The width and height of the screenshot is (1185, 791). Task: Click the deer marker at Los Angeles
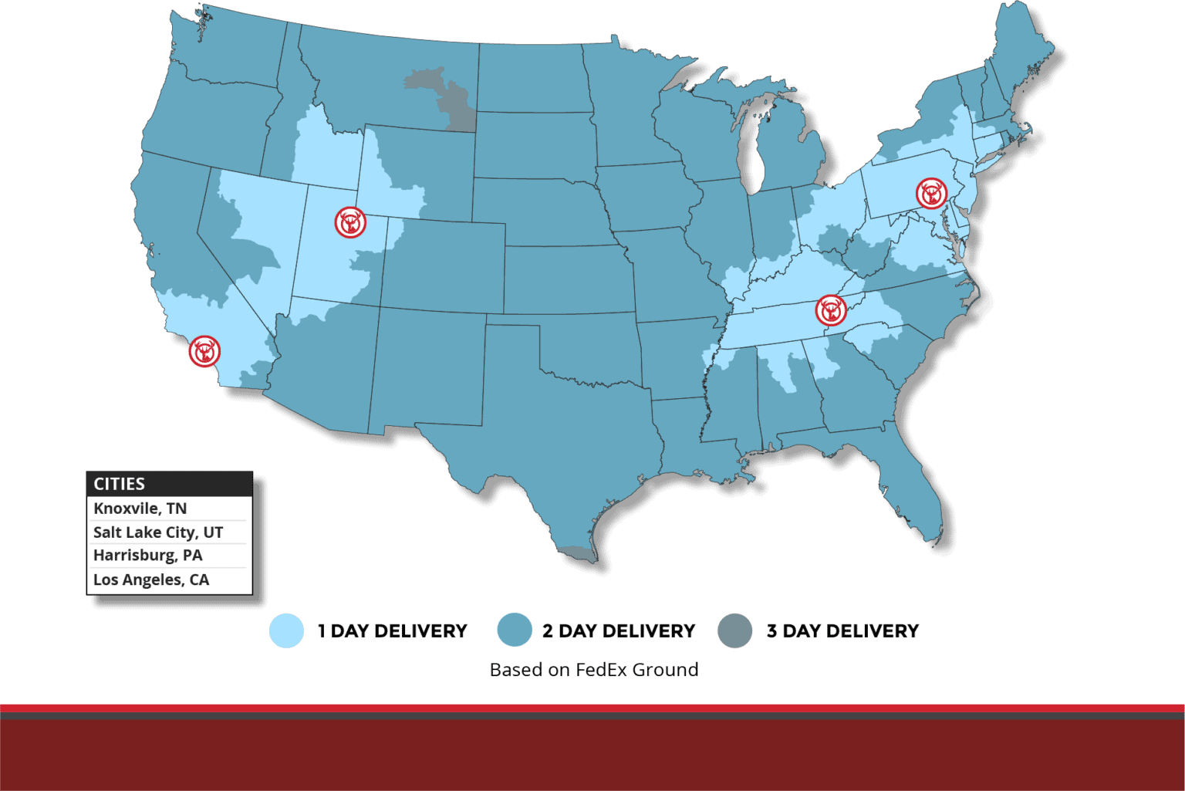pos(204,351)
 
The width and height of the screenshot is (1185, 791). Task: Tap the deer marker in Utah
pos(350,222)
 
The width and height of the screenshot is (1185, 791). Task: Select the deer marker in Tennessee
pos(831,310)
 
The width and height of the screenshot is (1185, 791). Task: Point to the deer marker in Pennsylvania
pos(931,193)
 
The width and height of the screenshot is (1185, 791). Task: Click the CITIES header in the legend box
pos(120,484)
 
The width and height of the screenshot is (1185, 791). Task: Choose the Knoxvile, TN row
pos(140,509)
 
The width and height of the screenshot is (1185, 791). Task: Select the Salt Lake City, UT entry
pos(158,532)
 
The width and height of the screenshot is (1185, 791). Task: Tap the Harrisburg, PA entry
pos(148,556)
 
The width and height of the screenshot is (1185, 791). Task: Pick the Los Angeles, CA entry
pos(151,580)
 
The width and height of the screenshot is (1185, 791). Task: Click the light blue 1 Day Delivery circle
pos(286,630)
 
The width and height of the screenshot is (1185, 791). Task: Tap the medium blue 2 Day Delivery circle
pos(515,630)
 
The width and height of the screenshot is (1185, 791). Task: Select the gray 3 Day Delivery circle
pos(734,630)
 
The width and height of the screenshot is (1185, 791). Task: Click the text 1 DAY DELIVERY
pos(393,631)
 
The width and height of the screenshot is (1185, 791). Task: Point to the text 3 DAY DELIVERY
pos(842,631)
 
